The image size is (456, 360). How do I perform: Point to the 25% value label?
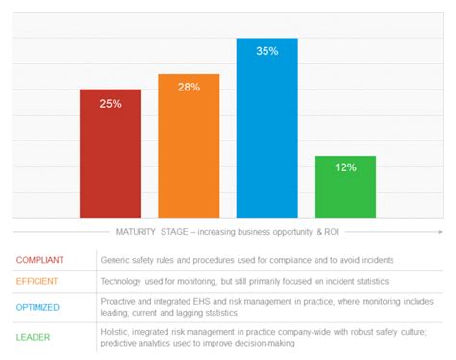110,104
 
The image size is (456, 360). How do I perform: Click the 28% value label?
189,88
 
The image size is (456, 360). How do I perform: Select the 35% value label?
267,52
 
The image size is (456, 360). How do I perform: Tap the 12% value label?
345,167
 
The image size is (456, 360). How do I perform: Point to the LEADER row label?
35,336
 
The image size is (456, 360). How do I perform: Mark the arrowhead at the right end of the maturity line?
441,232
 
